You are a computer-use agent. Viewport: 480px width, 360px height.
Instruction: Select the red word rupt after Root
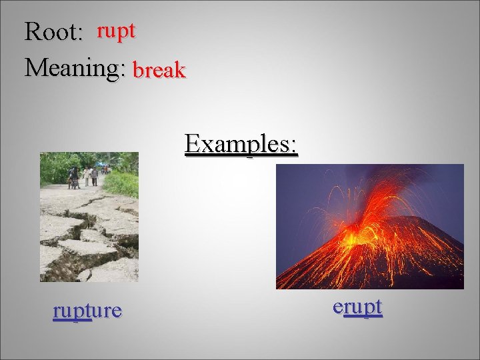pyautogui.click(x=116, y=31)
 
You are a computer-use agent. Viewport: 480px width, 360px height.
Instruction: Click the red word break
pyautogui.click(x=159, y=70)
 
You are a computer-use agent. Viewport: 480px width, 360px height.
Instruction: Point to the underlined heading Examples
pyautogui.click(x=241, y=143)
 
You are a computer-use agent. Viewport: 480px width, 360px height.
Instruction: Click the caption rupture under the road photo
pyautogui.click(x=87, y=310)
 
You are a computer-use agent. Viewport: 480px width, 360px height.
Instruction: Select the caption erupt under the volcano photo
pyautogui.click(x=357, y=307)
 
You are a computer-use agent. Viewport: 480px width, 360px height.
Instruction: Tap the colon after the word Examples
pyautogui.click(x=294, y=146)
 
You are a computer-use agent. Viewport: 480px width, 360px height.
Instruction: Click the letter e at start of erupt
pyautogui.click(x=338, y=307)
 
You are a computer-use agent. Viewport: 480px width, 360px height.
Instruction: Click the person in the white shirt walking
pyautogui.click(x=87, y=175)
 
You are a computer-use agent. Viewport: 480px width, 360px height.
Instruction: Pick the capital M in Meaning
pyautogui.click(x=35, y=67)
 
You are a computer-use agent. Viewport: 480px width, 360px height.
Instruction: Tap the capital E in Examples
pyautogui.click(x=193, y=143)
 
